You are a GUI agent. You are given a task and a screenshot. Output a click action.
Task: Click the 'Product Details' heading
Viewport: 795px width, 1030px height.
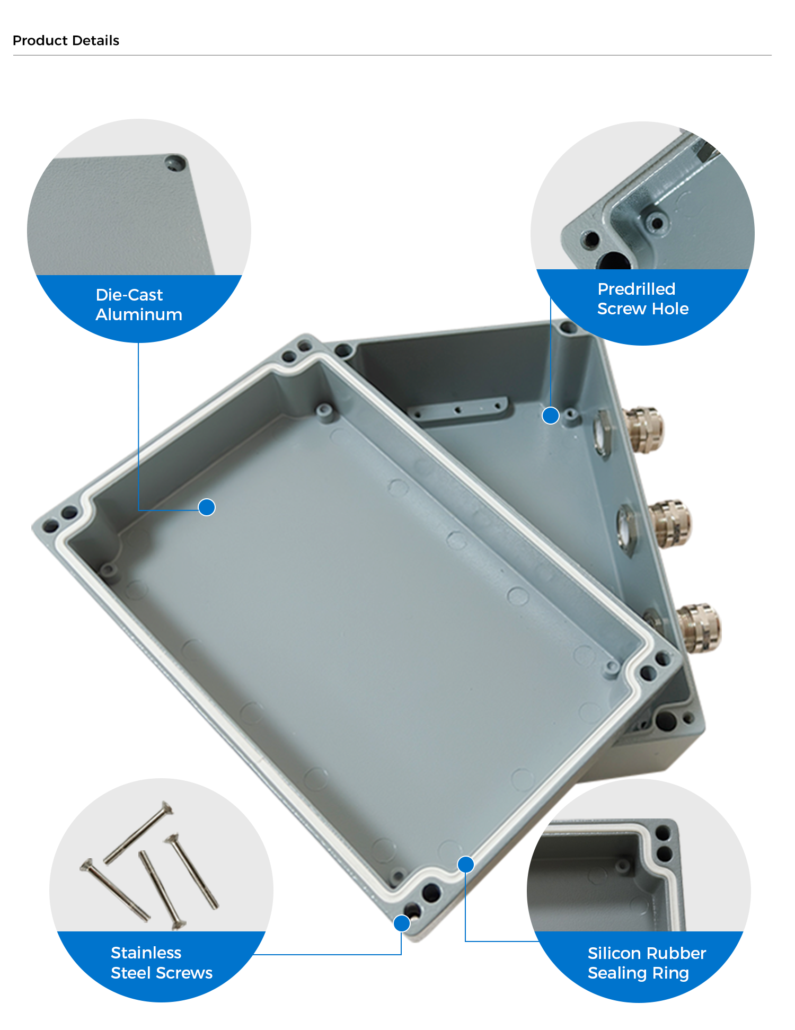point(66,41)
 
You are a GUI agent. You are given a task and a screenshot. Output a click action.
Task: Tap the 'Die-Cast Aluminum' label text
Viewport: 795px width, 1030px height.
point(139,305)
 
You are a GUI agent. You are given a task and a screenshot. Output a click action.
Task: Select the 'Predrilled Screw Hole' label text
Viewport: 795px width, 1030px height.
point(643,299)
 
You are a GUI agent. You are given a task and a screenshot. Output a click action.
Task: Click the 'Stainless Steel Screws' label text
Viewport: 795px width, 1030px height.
point(162,963)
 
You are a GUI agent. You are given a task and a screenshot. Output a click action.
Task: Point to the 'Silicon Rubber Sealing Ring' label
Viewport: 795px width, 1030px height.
point(647,963)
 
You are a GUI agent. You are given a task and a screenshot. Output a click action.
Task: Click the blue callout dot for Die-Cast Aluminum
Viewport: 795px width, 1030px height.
point(207,507)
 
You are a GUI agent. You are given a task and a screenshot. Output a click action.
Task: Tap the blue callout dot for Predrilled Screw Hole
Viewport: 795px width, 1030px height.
point(551,416)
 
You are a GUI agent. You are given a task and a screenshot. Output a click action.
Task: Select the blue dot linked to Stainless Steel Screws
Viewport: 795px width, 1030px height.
point(402,923)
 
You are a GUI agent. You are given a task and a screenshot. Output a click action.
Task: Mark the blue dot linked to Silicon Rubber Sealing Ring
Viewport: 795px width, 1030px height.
point(465,865)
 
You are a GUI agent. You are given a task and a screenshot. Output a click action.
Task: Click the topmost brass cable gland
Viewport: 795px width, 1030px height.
point(643,429)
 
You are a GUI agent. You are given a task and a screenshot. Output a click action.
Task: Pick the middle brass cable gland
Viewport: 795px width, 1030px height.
point(670,523)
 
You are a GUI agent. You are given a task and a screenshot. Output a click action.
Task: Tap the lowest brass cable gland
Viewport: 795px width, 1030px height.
point(700,628)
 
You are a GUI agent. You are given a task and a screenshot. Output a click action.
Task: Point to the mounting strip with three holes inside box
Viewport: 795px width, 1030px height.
point(459,410)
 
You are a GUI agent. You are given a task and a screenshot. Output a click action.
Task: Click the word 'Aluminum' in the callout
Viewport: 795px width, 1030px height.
point(139,314)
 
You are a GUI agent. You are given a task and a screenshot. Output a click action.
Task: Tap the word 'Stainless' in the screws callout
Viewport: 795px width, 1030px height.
point(146,953)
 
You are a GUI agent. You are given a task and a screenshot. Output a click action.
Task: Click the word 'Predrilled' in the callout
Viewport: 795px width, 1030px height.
point(637,289)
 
